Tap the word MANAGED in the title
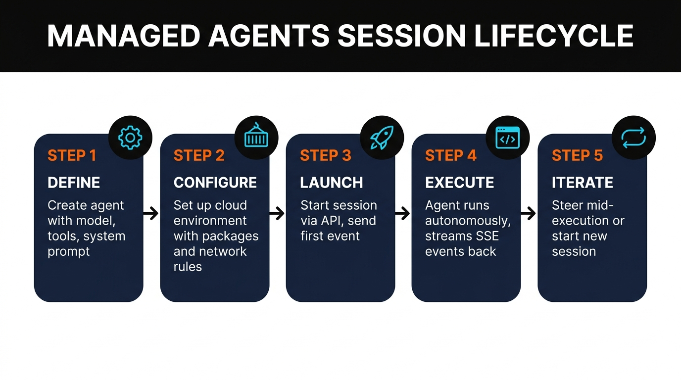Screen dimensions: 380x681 point(123,36)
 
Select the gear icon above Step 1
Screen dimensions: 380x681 point(130,138)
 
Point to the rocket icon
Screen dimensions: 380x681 point(382,138)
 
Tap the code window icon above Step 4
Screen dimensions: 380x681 point(508,138)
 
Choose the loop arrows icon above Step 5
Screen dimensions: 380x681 point(633,138)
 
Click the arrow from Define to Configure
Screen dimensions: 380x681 point(151,214)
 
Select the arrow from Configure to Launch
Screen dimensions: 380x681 point(277,214)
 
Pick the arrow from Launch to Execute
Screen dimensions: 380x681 point(403,214)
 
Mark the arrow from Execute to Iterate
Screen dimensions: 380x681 point(529,214)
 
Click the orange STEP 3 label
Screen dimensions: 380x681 point(325,155)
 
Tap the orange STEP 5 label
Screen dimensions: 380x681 point(577,155)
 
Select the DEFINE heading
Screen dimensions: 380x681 point(74,183)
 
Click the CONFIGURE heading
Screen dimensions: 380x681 point(215,183)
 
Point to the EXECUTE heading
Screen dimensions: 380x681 point(459,183)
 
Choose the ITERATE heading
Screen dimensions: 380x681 point(583,183)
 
